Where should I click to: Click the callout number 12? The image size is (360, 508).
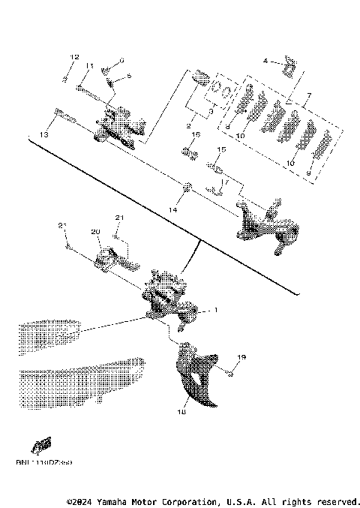[x=74, y=58]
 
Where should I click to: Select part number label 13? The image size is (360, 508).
[x=43, y=134]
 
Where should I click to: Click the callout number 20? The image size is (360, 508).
[x=95, y=232]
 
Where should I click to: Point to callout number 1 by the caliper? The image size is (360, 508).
[x=215, y=310]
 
